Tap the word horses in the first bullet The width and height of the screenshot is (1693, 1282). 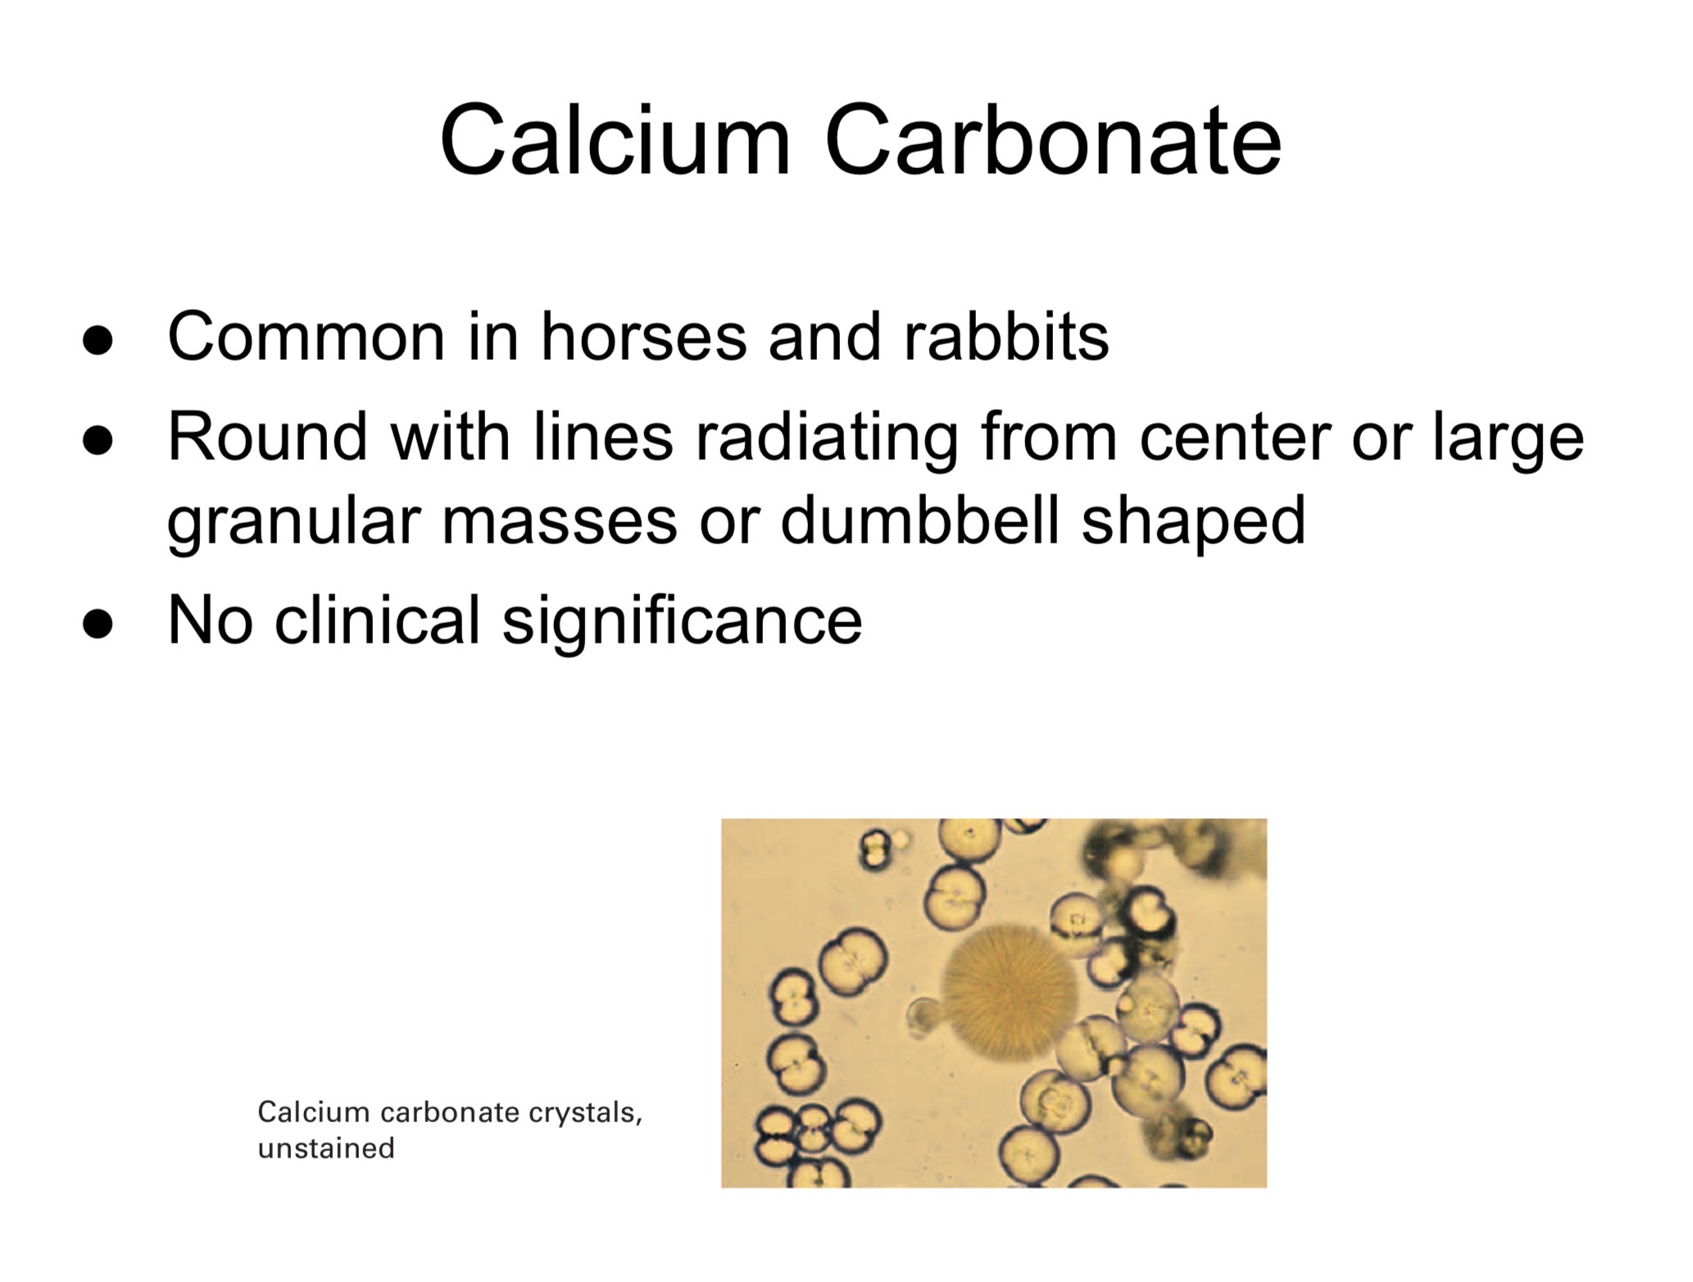[x=643, y=337]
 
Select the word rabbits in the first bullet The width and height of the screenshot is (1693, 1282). [x=1006, y=337]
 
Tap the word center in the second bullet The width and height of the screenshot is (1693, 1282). [x=1234, y=437]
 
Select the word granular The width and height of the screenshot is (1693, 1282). [x=293, y=522]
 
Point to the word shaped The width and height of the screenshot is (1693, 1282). [x=1193, y=522]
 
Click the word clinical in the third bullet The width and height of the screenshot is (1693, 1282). [x=376, y=621]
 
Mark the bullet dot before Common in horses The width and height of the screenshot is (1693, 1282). [x=98, y=339]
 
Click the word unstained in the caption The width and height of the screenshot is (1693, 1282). [x=326, y=1148]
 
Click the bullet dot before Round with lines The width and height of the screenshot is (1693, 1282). [x=98, y=439]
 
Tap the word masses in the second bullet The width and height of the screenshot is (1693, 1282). [x=560, y=522]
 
